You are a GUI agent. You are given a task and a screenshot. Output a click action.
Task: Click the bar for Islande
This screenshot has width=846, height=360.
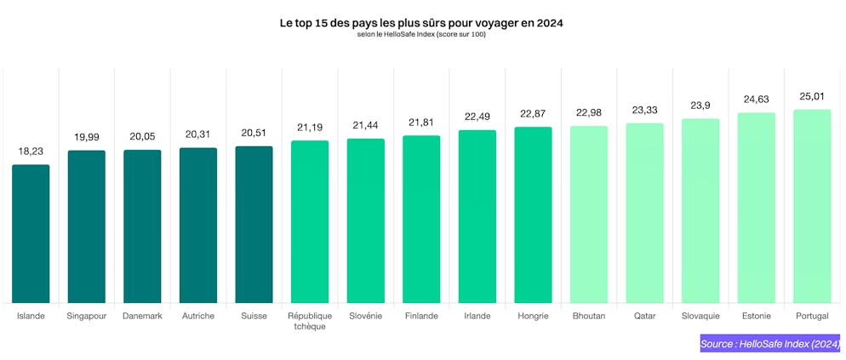tap(31, 233)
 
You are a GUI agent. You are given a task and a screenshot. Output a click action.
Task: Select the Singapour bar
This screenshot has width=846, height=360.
tap(87, 226)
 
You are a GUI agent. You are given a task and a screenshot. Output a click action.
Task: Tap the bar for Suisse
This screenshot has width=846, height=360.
tap(254, 224)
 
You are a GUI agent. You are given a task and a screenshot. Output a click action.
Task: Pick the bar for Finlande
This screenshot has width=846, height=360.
tap(421, 219)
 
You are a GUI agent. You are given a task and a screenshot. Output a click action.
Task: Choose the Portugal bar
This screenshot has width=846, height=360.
tap(811, 206)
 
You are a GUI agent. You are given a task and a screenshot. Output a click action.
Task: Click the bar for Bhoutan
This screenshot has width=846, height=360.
tap(589, 214)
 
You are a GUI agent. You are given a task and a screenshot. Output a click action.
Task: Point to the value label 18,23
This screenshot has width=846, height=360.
tap(31, 151)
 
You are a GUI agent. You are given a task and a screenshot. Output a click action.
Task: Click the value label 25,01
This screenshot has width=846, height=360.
tap(811, 96)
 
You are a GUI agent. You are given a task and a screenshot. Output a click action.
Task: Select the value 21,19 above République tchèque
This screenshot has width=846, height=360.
tap(310, 128)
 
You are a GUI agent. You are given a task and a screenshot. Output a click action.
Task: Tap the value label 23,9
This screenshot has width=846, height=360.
tap(700, 106)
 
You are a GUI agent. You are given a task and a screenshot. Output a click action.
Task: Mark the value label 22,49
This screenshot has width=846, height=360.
tap(477, 117)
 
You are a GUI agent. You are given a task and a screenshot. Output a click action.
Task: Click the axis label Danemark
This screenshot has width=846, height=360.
tap(142, 316)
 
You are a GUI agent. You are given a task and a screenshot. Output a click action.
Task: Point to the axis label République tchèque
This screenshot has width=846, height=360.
tap(310, 321)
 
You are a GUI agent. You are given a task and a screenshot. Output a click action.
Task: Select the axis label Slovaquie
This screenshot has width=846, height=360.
tap(700, 316)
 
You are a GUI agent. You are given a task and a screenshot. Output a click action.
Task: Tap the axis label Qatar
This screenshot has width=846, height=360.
tap(644, 316)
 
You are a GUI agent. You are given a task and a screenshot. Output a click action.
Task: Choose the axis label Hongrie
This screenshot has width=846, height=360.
tap(533, 316)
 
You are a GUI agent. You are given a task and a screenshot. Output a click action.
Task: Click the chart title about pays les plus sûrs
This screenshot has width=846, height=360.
tap(422, 24)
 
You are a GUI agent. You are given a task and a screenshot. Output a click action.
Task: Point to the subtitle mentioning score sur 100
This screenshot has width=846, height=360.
tap(422, 35)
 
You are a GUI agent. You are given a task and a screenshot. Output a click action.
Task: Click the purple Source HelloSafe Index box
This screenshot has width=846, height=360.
tap(770, 344)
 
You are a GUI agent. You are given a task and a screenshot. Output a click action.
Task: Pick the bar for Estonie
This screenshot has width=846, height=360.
tap(756, 208)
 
